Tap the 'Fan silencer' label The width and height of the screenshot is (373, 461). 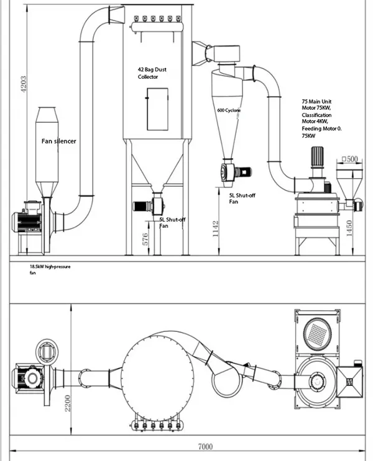click(x=58, y=142)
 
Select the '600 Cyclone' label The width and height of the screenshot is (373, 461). click(x=229, y=110)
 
